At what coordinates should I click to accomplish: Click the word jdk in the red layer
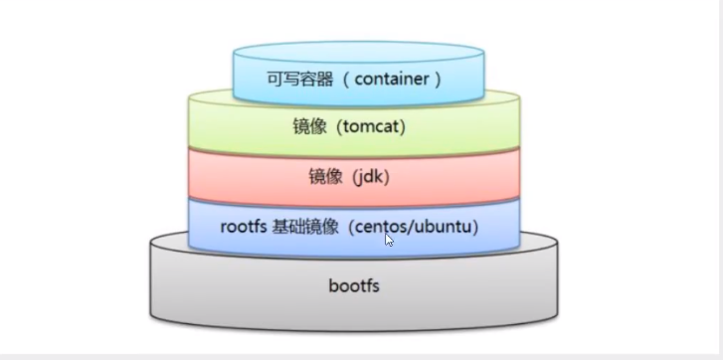pos(365,176)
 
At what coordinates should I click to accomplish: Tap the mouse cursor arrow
pos(389,239)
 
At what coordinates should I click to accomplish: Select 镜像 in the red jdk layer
pos(325,176)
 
